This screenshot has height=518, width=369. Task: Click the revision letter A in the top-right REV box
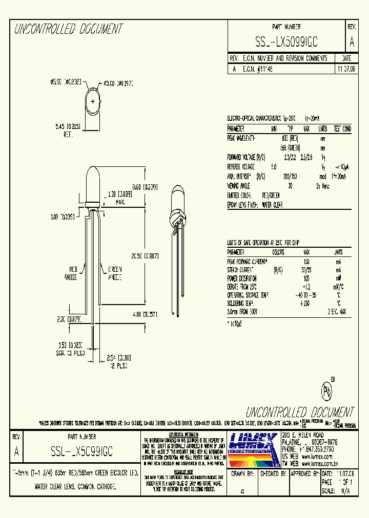point(351,42)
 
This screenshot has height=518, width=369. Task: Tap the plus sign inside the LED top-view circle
point(93,101)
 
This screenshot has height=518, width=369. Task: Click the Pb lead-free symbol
point(326,391)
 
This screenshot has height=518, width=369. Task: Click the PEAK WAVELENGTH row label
point(241,138)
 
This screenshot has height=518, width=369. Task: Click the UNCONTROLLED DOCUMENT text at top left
point(68,29)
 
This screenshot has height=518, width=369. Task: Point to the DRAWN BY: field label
point(242,474)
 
